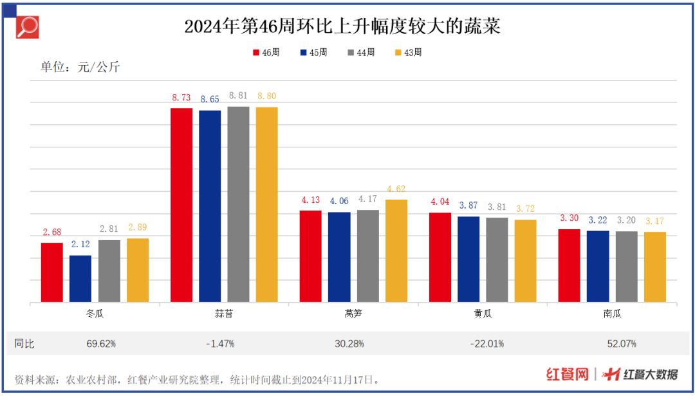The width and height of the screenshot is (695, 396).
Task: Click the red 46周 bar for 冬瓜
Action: [x=52, y=272]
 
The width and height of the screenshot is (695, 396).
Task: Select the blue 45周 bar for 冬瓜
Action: [x=80, y=279]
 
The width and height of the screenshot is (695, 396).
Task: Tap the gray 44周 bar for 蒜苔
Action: [x=238, y=204]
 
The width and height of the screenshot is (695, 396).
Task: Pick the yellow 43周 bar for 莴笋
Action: [x=396, y=250]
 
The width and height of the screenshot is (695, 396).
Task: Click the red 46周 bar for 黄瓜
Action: [x=440, y=257]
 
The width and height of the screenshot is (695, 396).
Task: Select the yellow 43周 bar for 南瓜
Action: [x=655, y=267]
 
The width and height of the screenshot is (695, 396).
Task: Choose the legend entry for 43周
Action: [x=407, y=53]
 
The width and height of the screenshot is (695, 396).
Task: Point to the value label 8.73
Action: [x=181, y=98]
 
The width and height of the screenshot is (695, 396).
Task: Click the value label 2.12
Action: [x=80, y=245]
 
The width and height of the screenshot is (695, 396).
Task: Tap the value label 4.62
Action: [x=396, y=189]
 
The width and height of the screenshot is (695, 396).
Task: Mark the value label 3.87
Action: [x=468, y=206]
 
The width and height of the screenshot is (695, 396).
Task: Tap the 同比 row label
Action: [x=24, y=344]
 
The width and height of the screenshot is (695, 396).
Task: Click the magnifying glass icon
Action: [x=28, y=26]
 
